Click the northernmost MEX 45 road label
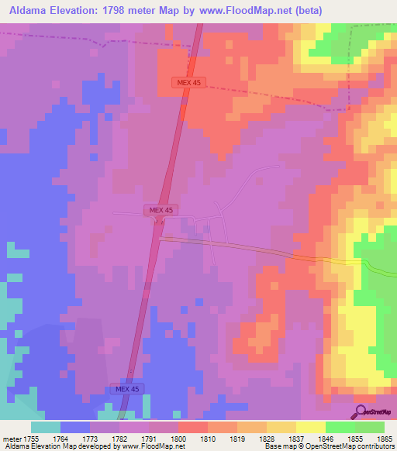(x=188, y=82)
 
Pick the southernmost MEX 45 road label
(x=126, y=388)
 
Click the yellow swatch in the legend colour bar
(x=311, y=427)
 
